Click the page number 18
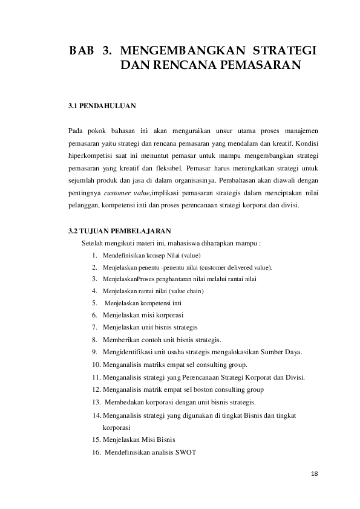pos(313,473)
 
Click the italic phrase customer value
pos(127,192)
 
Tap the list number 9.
pos(95,352)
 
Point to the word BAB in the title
pos(81,50)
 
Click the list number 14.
pos(97,415)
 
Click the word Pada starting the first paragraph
pos(76,130)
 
